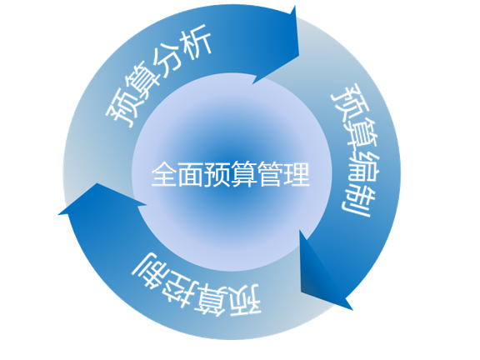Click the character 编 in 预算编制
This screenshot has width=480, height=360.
click(x=362, y=167)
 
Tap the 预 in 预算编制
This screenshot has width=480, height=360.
click(x=349, y=100)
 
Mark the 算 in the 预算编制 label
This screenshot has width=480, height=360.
click(x=359, y=133)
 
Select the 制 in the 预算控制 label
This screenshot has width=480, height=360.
click(x=151, y=270)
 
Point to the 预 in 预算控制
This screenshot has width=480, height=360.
click(x=246, y=300)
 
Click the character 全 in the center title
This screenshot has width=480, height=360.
click(x=164, y=174)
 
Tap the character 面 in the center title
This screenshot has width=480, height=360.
click(x=191, y=174)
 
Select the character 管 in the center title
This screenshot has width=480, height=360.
click(x=270, y=174)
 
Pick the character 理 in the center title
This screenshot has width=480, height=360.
click(x=297, y=174)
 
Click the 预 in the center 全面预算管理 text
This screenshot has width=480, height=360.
click(x=217, y=174)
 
